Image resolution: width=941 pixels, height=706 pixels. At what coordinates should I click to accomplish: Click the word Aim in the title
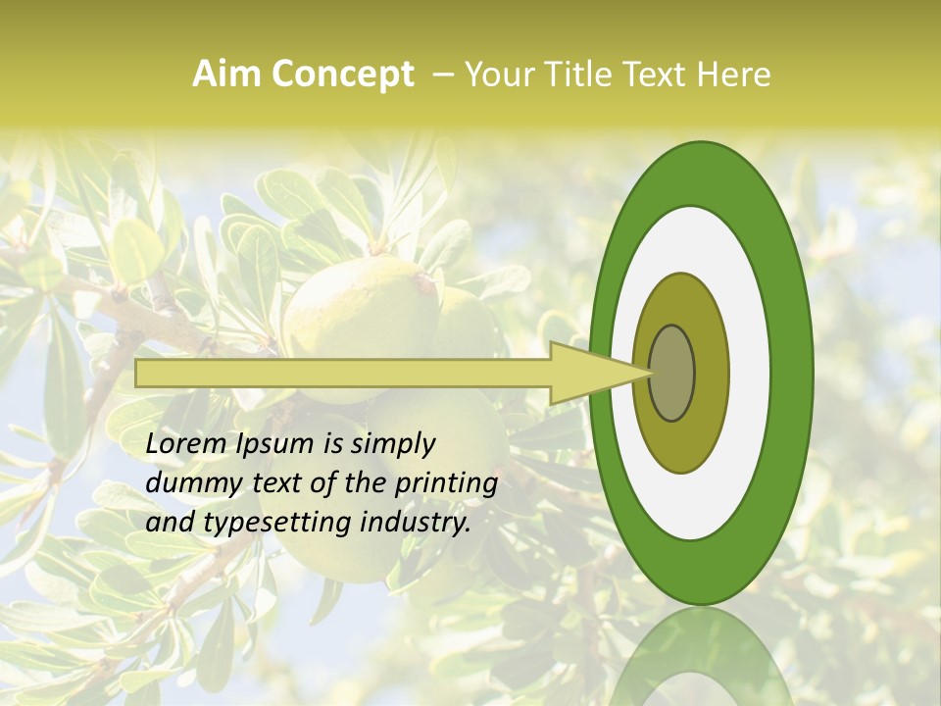[x=225, y=75]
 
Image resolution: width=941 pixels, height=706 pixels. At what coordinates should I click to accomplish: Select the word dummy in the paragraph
[x=186, y=483]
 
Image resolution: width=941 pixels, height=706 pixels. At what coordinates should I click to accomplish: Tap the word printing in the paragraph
[x=447, y=483]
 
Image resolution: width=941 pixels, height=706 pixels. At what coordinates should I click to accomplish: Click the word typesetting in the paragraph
[x=272, y=523]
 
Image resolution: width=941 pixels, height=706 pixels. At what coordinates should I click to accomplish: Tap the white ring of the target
[x=750, y=373]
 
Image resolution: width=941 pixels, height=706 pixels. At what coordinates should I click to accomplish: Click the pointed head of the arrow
[x=588, y=374]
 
